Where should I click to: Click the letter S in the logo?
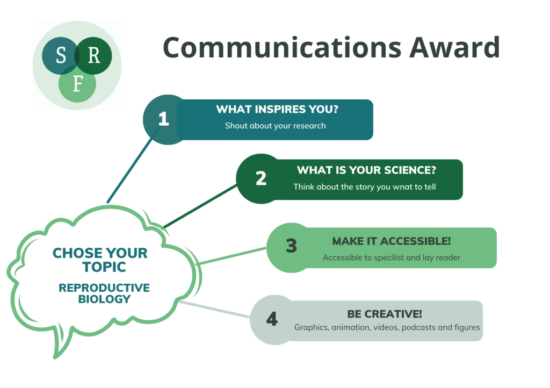(61, 55)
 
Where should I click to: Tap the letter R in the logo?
(93, 55)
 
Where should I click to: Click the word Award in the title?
(454, 47)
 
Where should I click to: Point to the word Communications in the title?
(282, 47)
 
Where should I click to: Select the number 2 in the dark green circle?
(261, 178)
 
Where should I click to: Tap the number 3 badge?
(291, 246)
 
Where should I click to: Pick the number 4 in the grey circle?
(272, 319)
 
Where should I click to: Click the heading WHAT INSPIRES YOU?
(277, 109)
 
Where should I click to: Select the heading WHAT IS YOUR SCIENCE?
(366, 170)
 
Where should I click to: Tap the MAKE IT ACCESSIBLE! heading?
(392, 241)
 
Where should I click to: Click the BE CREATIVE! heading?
(385, 314)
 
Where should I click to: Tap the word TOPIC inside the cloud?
(104, 267)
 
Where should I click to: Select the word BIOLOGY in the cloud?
(104, 299)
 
